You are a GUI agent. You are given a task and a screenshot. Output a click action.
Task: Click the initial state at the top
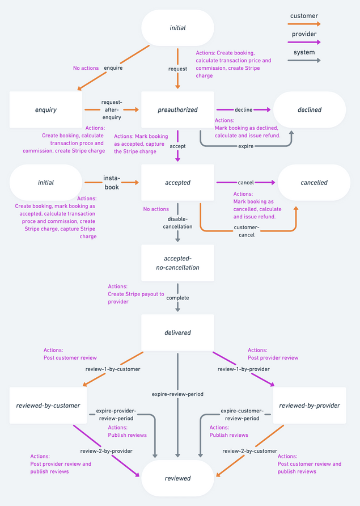[177, 28]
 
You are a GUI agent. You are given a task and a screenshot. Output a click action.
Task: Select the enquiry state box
[46, 109]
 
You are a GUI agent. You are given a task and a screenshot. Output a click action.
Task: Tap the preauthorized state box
[177, 109]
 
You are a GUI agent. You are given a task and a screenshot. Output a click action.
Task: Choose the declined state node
[310, 109]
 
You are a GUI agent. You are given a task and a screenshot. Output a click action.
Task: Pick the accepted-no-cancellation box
[177, 263]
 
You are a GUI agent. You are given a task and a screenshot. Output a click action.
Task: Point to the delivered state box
[177, 333]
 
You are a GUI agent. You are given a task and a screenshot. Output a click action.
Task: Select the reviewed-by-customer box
[46, 406]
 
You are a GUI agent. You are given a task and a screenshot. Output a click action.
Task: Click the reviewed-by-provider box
[310, 406]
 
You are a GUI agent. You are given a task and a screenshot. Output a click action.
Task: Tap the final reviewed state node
[177, 478]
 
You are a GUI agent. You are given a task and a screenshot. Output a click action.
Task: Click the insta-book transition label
[112, 183]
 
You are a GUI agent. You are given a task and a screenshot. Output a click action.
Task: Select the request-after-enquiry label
[112, 109]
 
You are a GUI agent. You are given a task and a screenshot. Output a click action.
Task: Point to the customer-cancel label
[247, 231]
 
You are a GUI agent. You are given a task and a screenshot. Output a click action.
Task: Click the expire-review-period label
[177, 394]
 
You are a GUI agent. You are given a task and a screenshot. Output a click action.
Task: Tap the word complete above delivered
[177, 297]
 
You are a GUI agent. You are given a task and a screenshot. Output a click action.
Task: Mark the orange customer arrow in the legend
[304, 24]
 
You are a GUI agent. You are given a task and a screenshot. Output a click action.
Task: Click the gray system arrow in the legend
[304, 60]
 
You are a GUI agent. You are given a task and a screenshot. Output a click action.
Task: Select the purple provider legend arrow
[304, 42]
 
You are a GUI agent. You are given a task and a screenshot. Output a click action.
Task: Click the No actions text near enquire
[86, 68]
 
